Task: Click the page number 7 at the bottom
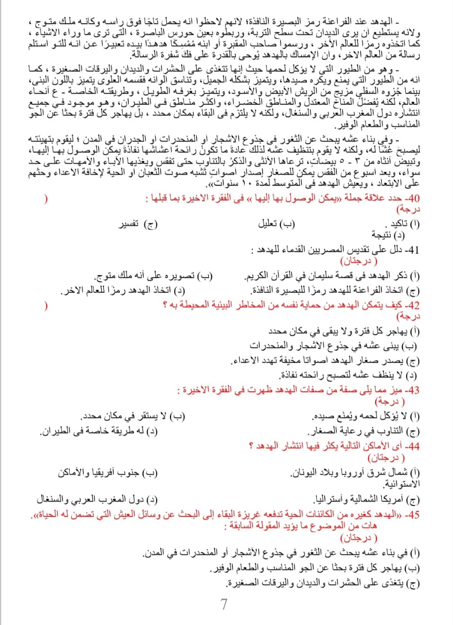click(x=224, y=604)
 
